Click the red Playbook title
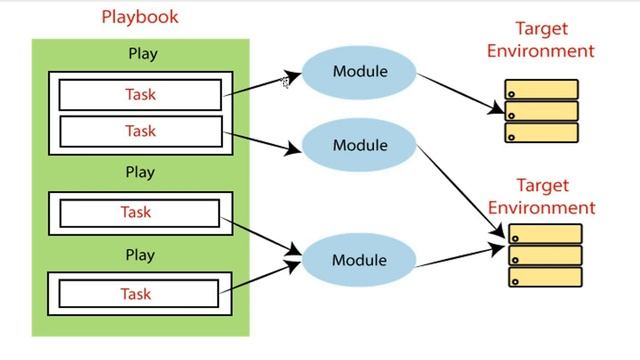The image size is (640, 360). pyautogui.click(x=140, y=17)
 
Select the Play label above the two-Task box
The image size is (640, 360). pyautogui.click(x=141, y=54)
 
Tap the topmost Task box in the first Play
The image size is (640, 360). pyautogui.click(x=140, y=95)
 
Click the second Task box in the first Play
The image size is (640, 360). pyautogui.click(x=140, y=131)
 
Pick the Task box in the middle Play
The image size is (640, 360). pyautogui.click(x=138, y=212)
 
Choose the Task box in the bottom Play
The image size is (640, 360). pyautogui.click(x=138, y=293)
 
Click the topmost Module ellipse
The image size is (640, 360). pyautogui.click(x=359, y=72)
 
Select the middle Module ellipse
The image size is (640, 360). pyautogui.click(x=359, y=145)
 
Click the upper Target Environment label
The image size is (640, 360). pyautogui.click(x=554, y=40)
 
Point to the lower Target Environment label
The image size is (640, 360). pyautogui.click(x=554, y=196)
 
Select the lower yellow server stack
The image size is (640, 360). pyautogui.click(x=545, y=255)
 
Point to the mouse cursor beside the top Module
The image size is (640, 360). pyautogui.click(x=285, y=82)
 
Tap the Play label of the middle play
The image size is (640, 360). pyautogui.click(x=140, y=172)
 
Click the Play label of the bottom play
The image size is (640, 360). pyautogui.click(x=140, y=255)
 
